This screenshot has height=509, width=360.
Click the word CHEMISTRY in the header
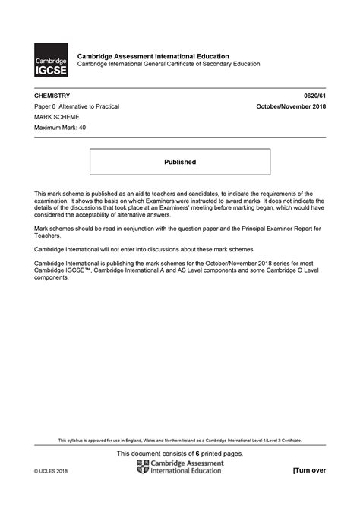52,96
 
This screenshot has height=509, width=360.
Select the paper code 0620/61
314,96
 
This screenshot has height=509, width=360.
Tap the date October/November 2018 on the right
291,108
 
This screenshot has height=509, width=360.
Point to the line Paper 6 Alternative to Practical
77,108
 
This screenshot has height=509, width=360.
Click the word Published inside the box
180,162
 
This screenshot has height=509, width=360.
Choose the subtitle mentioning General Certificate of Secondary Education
169,64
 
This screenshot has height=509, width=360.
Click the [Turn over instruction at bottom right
309,470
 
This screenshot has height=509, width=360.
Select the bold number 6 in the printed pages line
198,454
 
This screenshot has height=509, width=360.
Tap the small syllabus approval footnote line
180,440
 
